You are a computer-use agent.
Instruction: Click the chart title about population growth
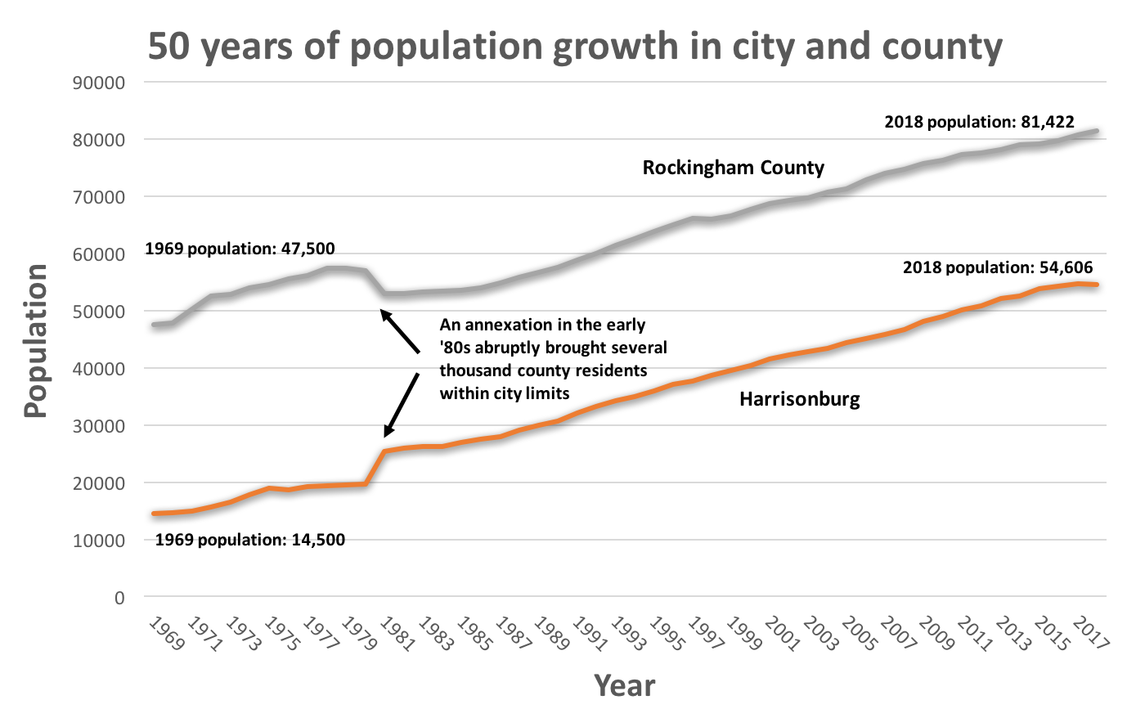[x=575, y=47]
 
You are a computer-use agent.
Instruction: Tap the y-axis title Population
[x=36, y=341]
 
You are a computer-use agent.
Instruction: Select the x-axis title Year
[x=625, y=685]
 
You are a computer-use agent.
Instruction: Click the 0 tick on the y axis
[x=119, y=598]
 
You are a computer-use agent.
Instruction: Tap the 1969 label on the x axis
[x=166, y=634]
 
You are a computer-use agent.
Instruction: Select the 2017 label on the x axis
[x=1091, y=634]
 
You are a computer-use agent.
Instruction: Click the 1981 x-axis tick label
[x=397, y=634]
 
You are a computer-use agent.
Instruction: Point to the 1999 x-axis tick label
[x=744, y=634]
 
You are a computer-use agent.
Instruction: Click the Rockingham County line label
[x=733, y=168]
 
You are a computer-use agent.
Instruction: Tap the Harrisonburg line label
[x=799, y=399]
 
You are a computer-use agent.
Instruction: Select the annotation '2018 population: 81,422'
[x=979, y=122]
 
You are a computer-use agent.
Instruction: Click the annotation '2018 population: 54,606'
[x=997, y=267]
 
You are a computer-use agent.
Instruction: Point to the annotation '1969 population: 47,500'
[x=240, y=249]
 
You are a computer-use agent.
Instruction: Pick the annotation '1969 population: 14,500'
[x=249, y=540]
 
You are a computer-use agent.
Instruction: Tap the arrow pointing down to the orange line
[x=402, y=404]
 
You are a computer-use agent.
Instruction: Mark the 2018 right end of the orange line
[x=1097, y=285]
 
